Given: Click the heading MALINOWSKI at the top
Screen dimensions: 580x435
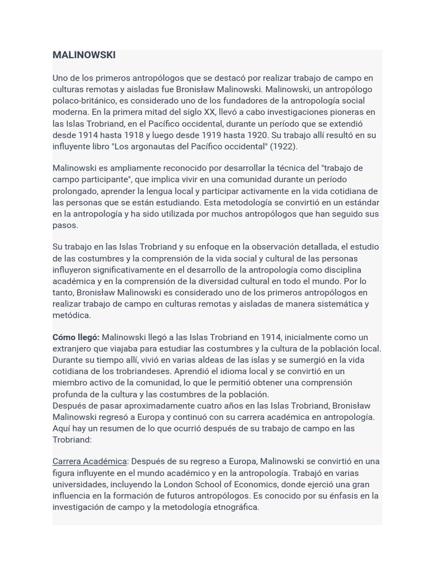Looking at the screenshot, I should pos(84,55).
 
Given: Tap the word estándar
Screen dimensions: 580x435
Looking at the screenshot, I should pos(361,202).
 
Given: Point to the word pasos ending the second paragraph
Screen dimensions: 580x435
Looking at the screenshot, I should pos(65,225).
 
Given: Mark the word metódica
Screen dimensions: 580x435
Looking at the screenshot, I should pos(71,315).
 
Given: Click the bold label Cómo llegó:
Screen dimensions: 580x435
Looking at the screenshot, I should pos(76,337).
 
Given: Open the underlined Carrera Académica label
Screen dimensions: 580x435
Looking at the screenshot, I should pos(89,461).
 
